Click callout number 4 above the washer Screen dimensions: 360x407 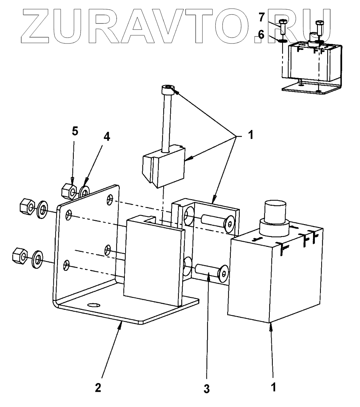pos(107,137)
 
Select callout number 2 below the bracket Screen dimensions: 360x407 pos(98,388)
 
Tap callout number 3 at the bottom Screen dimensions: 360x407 pos(206,389)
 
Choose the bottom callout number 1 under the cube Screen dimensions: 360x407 pos(273,388)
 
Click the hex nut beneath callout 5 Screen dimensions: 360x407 pos(69,191)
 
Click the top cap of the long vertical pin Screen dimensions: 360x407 pos(168,89)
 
